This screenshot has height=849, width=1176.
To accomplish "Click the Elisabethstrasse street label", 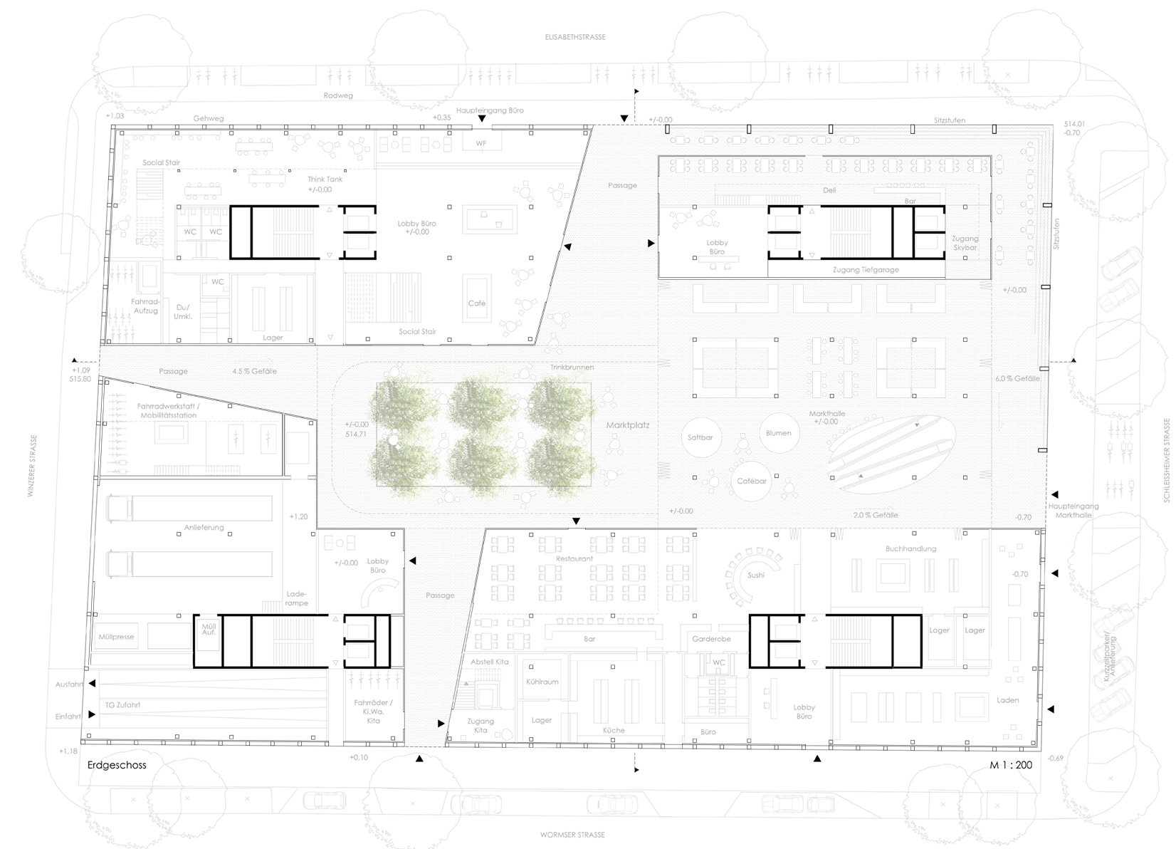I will (x=572, y=37).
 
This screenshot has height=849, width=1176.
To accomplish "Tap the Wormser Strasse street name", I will (x=572, y=835).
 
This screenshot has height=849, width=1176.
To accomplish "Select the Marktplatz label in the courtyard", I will (x=628, y=425).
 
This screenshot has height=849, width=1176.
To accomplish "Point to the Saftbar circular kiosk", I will (x=700, y=437).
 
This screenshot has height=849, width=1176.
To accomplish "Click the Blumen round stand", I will (x=778, y=433).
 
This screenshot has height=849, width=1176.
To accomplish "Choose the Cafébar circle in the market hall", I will (x=752, y=481).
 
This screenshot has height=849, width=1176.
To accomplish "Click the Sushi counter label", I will (x=756, y=575).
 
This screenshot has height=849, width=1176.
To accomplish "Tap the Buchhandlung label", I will (x=910, y=548).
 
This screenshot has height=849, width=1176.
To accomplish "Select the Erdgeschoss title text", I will (x=117, y=765).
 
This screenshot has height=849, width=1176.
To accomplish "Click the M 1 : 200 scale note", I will (x=1011, y=765).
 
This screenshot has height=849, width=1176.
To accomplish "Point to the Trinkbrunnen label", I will (x=572, y=367).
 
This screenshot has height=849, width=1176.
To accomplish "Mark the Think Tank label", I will (x=325, y=179).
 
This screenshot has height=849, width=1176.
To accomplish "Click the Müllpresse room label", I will (x=117, y=637).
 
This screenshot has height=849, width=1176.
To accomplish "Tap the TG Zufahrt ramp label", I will (x=122, y=705).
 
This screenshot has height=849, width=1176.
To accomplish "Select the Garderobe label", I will (x=711, y=639).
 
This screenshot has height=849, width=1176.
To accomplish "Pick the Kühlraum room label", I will (x=542, y=682).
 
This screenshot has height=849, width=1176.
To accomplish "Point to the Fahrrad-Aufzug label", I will (x=145, y=306).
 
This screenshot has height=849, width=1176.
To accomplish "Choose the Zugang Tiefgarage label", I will (x=866, y=270).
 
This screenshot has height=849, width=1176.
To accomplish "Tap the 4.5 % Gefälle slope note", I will (x=254, y=371).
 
